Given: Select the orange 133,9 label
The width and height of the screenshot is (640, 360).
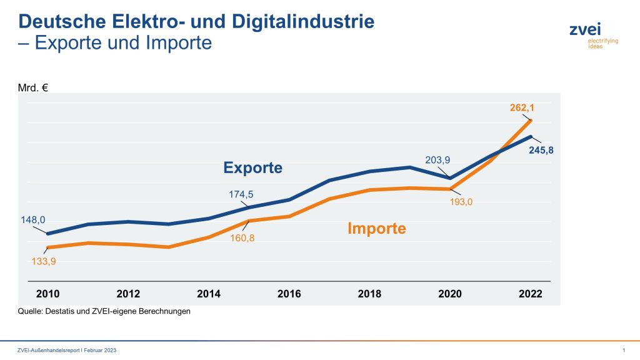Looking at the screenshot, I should point(43,261).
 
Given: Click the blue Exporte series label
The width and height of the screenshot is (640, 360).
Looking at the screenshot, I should point(253,168).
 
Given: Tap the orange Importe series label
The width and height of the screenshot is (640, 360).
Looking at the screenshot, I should point(376,228).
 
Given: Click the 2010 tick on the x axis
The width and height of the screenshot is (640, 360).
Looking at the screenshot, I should point(47,294).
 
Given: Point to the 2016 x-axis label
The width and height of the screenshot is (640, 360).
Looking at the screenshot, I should point(289,294).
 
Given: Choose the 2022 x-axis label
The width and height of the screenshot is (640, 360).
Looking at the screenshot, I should point(530,294).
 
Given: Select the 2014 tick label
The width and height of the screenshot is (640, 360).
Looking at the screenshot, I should point(209,294).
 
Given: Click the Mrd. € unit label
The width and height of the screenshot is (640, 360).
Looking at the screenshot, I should point(33,87).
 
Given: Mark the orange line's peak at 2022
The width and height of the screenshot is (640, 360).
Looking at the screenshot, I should point(531,120).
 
